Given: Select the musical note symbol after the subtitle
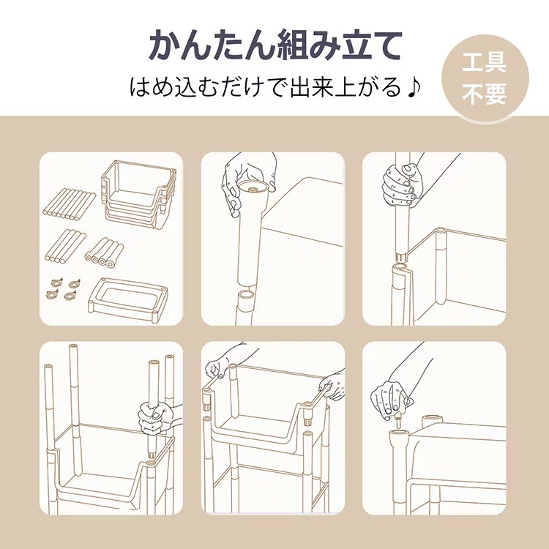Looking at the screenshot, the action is (414, 87).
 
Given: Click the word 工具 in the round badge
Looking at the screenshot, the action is (485, 63).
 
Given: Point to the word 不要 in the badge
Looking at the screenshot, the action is (485, 94).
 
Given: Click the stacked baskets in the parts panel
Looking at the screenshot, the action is (138, 194).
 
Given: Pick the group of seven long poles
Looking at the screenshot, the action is (70, 205).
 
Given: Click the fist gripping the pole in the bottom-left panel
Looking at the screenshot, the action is (157, 418).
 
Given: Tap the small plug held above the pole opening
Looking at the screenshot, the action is (398, 419).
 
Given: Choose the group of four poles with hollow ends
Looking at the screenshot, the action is (105, 253).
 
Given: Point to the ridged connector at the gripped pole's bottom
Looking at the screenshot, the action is (402, 258).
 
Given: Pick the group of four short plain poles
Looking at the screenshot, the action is (65, 246).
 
